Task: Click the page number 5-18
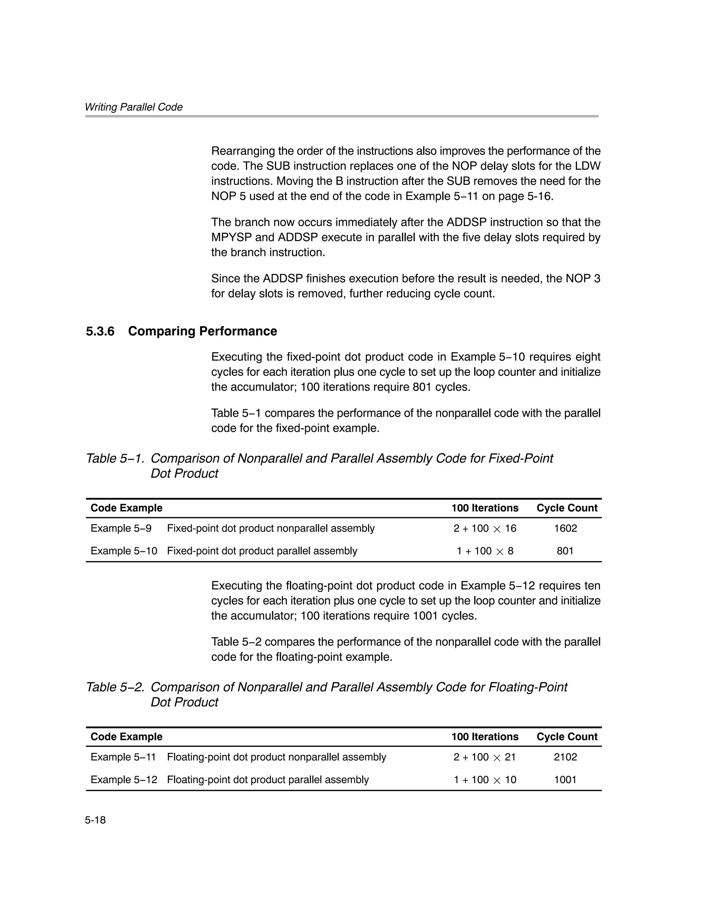point(95,820)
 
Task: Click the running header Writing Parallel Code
point(133,107)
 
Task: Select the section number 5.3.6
point(100,331)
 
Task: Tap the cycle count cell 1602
point(565,528)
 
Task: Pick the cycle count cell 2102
point(565,757)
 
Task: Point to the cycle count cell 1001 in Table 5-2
point(565,779)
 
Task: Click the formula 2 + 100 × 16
point(485,528)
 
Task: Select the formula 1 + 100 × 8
point(485,551)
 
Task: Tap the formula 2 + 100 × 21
point(485,757)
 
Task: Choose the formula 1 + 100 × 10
point(485,779)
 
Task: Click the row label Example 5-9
point(121,528)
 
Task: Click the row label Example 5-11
point(123,757)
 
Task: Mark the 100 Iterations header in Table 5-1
point(485,508)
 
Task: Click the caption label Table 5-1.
point(115,458)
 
